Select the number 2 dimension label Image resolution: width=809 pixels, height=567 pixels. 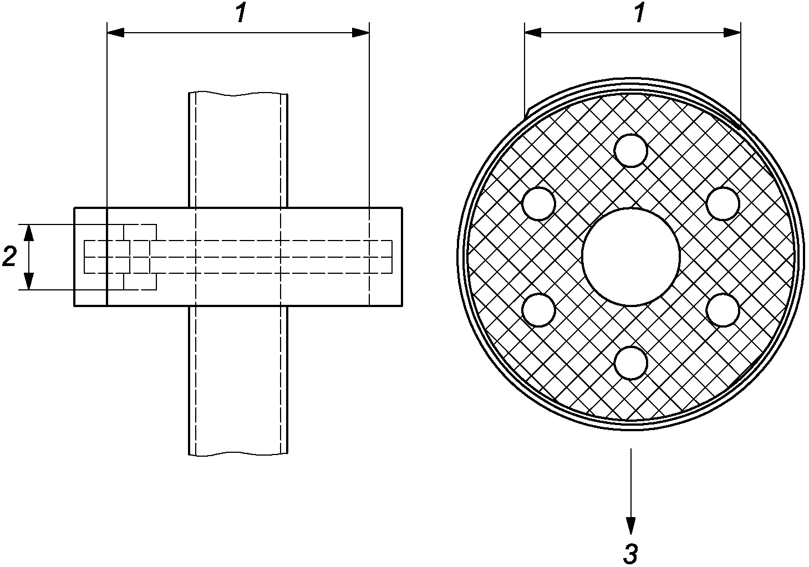tap(10, 257)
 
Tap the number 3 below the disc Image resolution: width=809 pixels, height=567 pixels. tap(630, 554)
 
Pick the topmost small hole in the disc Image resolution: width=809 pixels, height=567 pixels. tap(630, 151)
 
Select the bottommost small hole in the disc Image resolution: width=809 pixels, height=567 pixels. tap(630, 363)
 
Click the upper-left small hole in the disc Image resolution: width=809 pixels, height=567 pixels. tap(539, 203)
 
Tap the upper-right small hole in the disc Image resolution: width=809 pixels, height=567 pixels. tap(722, 203)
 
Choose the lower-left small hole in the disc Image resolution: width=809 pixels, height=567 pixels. tap(539, 310)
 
